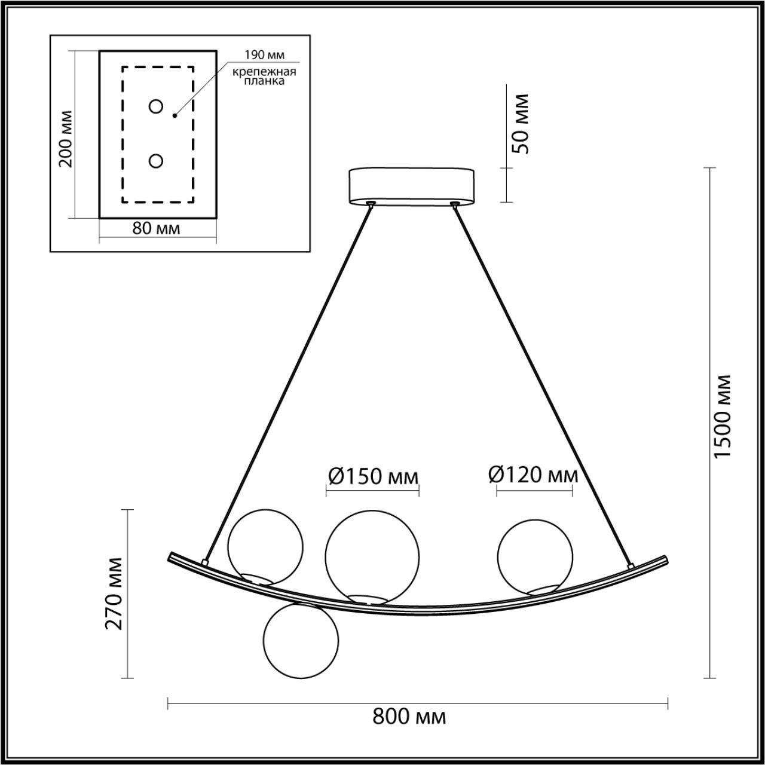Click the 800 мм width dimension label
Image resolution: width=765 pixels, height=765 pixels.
coord(409,716)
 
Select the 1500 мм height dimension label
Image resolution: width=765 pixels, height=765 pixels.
coord(723,416)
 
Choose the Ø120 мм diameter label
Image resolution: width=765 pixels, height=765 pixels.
coord(533,475)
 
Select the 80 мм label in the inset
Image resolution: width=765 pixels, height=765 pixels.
coord(156,228)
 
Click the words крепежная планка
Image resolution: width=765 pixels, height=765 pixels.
coord(265,76)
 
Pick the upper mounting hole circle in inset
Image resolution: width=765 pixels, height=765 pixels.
coord(156,106)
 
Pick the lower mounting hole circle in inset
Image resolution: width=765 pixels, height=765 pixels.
coord(156,161)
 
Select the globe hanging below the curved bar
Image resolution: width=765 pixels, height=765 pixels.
coord(301,640)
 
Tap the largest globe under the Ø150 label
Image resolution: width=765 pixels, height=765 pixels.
coord(372,555)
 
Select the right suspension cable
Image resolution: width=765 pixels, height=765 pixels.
coord(541,382)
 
